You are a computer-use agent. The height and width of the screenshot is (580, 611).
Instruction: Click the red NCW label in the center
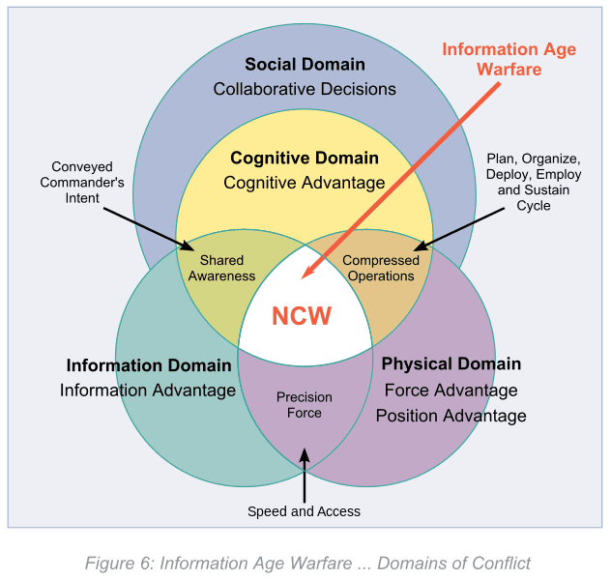point(301,316)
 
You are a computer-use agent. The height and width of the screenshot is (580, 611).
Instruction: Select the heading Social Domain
point(305,65)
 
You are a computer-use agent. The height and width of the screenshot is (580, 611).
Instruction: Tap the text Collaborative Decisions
point(305,89)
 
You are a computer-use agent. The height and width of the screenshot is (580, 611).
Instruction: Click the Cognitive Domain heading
point(305,158)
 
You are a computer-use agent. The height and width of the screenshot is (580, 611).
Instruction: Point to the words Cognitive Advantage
point(305,182)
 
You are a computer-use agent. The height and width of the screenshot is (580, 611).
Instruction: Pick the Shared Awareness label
point(221,268)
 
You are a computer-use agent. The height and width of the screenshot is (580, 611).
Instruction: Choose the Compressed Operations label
point(381,268)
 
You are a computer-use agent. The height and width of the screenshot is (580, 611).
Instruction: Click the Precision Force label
point(305,405)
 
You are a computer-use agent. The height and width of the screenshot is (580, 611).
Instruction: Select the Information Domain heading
point(149,365)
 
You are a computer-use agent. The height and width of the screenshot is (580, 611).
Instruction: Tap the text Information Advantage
point(148,391)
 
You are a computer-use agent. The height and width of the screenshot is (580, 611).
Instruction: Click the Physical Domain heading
point(451,364)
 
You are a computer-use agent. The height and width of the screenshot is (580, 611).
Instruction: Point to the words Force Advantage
point(451,391)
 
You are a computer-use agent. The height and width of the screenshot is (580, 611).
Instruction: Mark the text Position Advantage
point(451,416)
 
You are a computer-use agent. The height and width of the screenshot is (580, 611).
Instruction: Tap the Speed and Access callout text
point(304,511)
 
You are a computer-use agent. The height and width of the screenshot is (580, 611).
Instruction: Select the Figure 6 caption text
point(307,563)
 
